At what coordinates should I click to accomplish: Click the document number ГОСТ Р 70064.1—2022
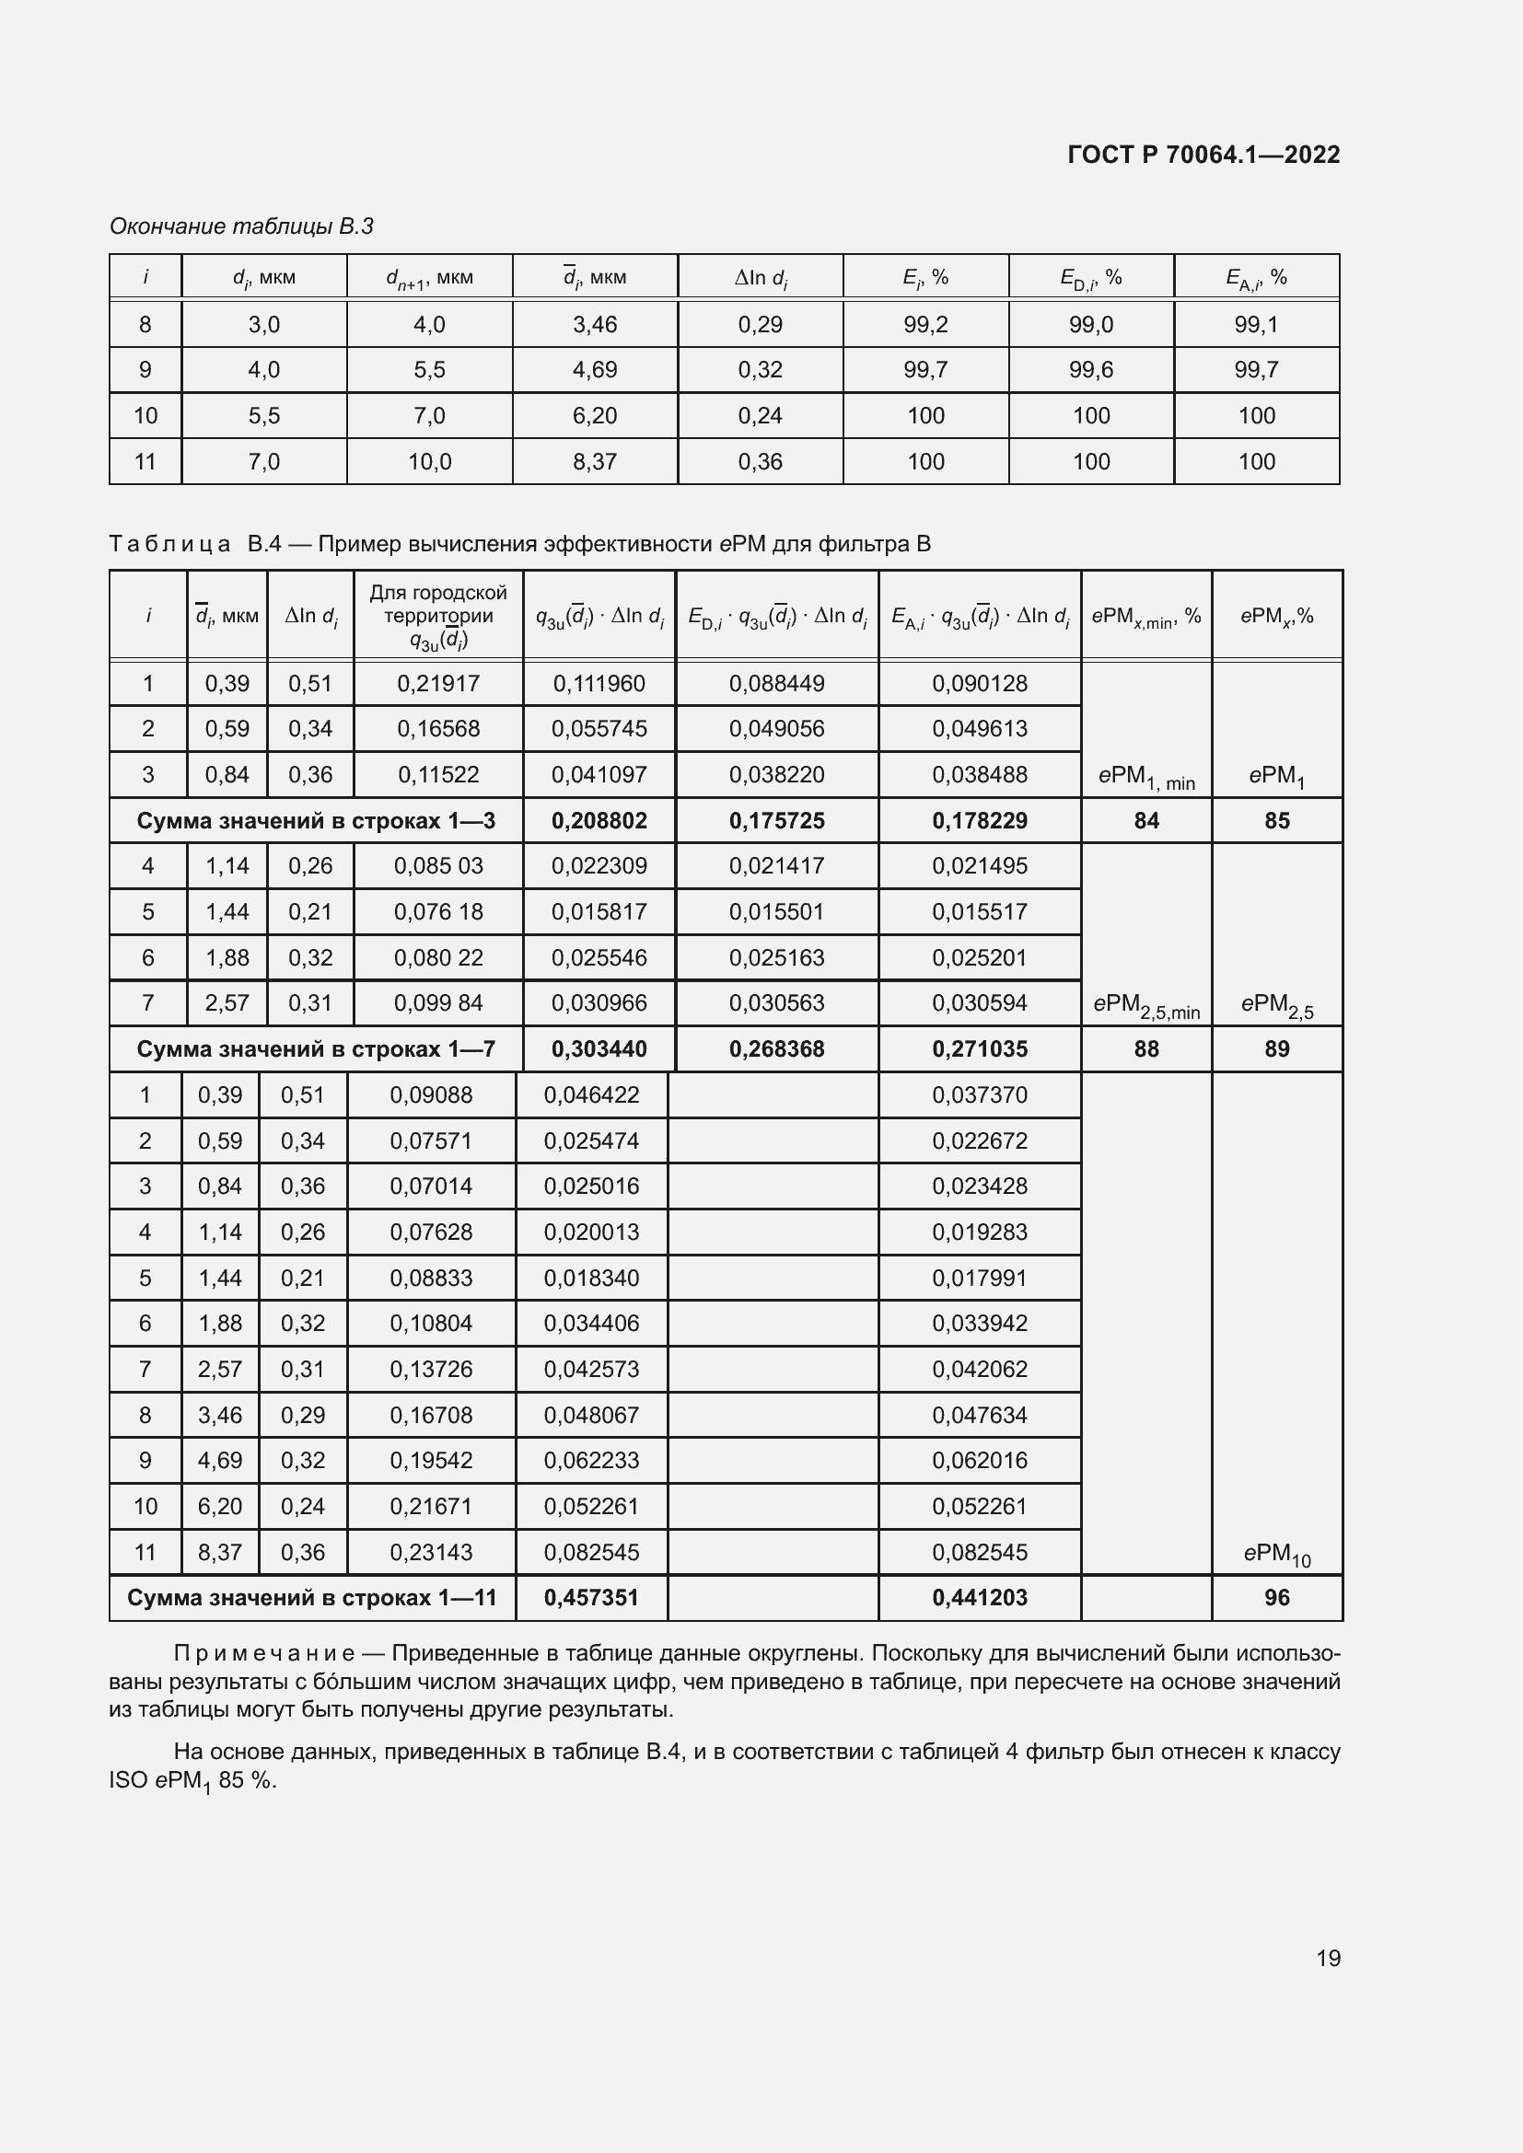[x=1203, y=155]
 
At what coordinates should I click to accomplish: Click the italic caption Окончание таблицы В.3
[x=241, y=226]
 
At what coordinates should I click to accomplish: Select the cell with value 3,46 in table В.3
[x=595, y=324]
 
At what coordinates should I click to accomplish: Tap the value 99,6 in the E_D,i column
[x=1090, y=369]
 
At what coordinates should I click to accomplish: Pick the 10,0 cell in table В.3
[x=429, y=461]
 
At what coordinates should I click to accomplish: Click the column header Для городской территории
[x=438, y=604]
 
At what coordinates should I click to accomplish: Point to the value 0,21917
[x=438, y=684]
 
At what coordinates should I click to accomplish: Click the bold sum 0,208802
[x=599, y=820]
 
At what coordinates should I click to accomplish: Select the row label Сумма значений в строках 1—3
[x=315, y=820]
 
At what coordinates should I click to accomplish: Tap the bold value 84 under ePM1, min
[x=1146, y=820]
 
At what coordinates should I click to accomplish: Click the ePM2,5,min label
[x=1146, y=1005]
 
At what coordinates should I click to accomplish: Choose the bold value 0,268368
[x=776, y=1048]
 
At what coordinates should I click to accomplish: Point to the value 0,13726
[x=430, y=1369]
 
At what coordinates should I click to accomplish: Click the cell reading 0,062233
[x=591, y=1460]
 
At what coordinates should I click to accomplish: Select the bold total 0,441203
[x=979, y=1597]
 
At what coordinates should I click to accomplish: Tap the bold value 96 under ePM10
[x=1276, y=1597]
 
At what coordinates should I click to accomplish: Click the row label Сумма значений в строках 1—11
[x=311, y=1597]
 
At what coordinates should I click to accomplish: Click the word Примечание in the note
[x=263, y=1653]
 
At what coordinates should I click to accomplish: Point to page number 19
[x=1328, y=1958]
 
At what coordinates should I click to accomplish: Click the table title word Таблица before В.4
[x=169, y=544]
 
